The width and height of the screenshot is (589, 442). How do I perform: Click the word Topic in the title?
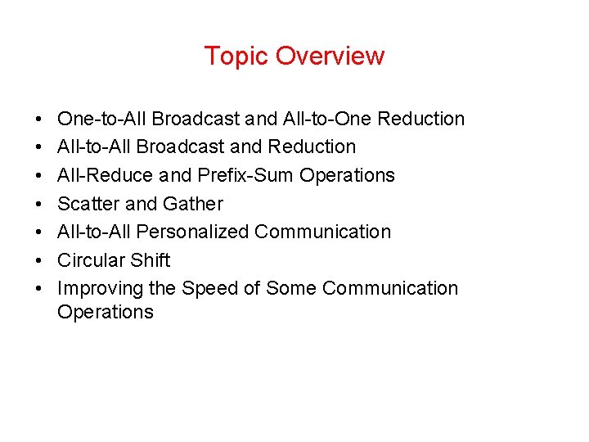coord(236,56)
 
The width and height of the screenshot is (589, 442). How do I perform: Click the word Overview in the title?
coord(330,56)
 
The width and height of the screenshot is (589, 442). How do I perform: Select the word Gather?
coord(193,204)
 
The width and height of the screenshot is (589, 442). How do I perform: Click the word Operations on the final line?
coord(105,312)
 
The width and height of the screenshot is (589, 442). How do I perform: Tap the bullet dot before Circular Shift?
coord(40,260)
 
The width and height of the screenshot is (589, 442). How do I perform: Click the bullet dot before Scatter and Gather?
coord(40,204)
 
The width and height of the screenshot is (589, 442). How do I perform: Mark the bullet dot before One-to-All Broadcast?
coord(40,119)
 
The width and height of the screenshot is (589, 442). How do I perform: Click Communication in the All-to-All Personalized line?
coord(322,232)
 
